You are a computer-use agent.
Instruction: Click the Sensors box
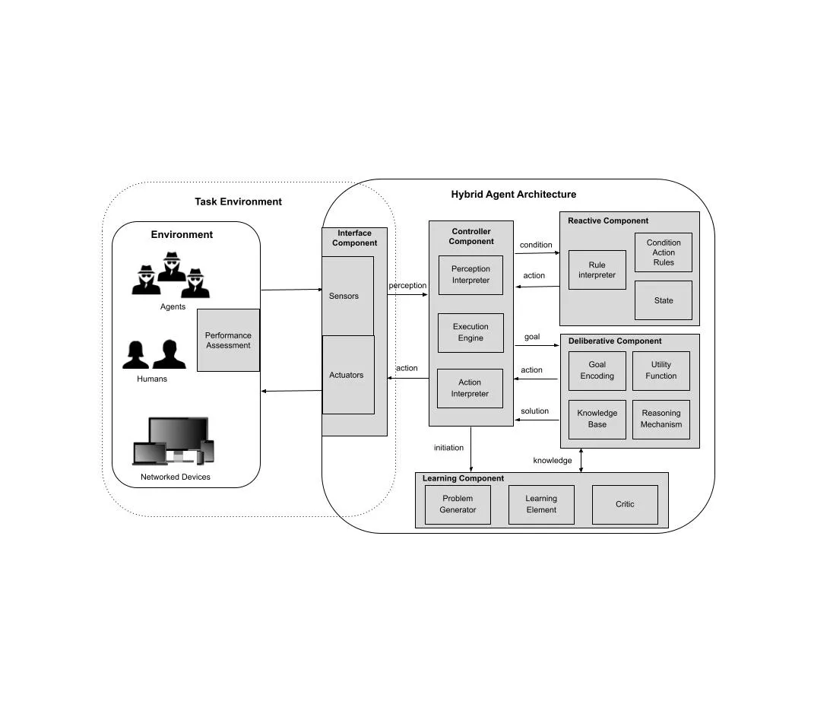tap(347, 296)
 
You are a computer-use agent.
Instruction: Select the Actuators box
tap(348, 375)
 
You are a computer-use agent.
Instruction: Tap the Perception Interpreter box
tap(470, 274)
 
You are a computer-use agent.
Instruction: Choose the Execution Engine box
tap(470, 332)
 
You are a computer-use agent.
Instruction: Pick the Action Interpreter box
tap(470, 388)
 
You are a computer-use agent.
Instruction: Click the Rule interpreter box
tap(597, 270)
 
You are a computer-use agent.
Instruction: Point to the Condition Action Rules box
tap(664, 252)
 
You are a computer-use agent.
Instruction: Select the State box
tap(664, 300)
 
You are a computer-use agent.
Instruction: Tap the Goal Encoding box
tap(597, 370)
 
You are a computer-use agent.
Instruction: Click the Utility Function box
tap(661, 370)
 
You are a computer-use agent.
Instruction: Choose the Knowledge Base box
tap(597, 419)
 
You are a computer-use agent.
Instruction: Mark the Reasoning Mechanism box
tap(661, 419)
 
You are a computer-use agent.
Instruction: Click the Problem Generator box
tap(458, 504)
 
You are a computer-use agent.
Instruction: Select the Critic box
tap(625, 504)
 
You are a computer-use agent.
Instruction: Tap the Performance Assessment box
tap(228, 340)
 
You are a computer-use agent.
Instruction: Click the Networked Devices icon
tap(174, 441)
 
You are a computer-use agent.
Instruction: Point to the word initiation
tap(448, 448)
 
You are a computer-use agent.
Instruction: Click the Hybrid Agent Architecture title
tap(514, 195)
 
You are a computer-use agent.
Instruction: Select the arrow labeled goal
tap(537, 346)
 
